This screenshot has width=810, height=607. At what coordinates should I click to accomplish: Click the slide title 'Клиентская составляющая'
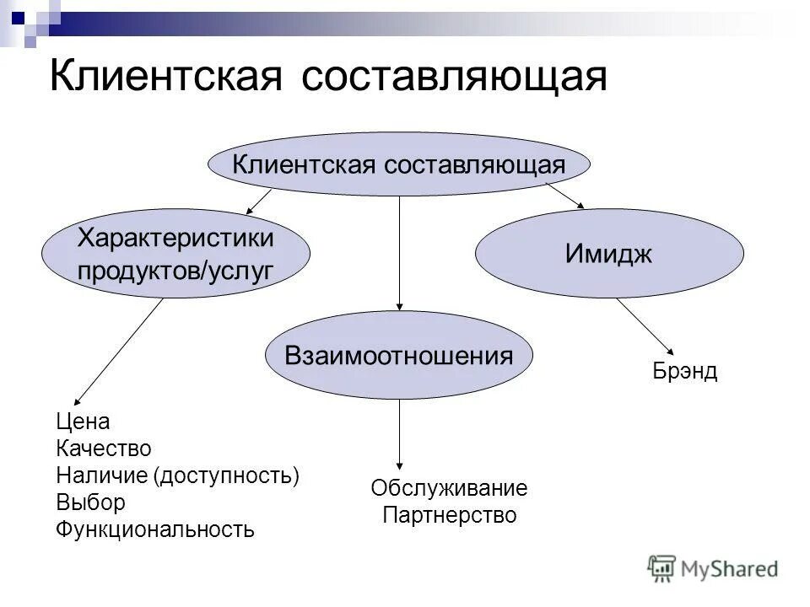point(328,78)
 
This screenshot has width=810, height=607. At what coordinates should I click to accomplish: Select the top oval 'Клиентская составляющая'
point(398,164)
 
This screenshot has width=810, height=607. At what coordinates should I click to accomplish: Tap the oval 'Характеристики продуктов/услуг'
point(176,253)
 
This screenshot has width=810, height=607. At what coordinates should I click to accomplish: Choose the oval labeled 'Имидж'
point(609,255)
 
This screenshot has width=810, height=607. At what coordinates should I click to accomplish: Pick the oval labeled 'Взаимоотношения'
point(399,355)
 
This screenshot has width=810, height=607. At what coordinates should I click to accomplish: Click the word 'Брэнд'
point(684,372)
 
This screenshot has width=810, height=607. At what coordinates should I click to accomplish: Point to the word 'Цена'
point(83,421)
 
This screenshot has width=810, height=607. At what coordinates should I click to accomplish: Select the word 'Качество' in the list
point(104,449)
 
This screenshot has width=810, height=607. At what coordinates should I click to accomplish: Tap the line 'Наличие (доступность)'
point(178,475)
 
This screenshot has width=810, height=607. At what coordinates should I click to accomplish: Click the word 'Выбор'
point(91,502)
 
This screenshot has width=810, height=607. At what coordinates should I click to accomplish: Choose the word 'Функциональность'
point(155,529)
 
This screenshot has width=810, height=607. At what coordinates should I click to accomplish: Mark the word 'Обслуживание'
point(449,488)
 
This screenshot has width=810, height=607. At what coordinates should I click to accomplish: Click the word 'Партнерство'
point(449,515)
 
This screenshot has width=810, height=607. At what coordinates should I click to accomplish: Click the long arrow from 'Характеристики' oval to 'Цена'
point(118,352)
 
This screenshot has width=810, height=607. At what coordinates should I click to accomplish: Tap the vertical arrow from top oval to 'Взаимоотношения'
point(399,253)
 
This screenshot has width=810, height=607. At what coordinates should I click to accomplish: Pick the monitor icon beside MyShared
point(662,567)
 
